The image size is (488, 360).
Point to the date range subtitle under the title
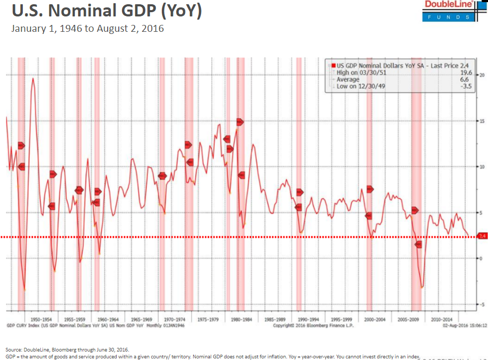coord(88,28)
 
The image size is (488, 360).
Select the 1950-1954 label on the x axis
coord(40,320)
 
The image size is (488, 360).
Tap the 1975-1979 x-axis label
coord(208,320)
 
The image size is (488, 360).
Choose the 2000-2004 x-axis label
coord(376,320)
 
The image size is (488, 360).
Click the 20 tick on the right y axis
coord(482,75)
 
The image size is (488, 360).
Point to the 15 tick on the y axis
coord(482,121)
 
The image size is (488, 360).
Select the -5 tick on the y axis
coord(481,304)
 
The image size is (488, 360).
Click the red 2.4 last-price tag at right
coord(482,235)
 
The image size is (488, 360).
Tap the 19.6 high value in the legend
coord(467,73)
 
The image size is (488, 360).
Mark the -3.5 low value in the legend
coord(466,86)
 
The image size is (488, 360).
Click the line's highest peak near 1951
coord(33,78)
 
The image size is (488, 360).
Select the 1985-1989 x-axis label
coord(275,320)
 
